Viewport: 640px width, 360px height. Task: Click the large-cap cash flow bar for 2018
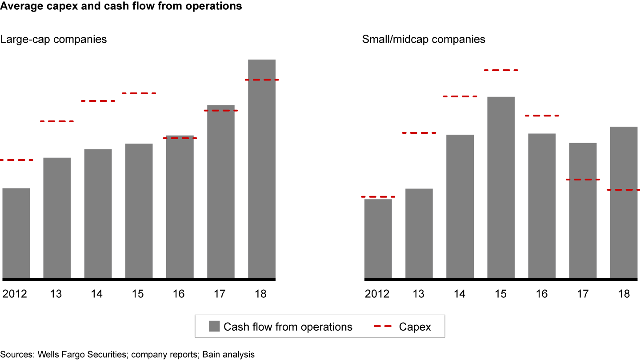pyautogui.click(x=262, y=169)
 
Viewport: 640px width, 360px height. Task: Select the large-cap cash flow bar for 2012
pyautogui.click(x=16, y=233)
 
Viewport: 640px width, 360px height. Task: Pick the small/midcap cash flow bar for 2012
pyautogui.click(x=378, y=239)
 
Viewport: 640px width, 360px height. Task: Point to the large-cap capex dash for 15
pyautogui.click(x=139, y=93)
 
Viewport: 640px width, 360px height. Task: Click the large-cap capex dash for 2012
pyautogui.click(x=16, y=160)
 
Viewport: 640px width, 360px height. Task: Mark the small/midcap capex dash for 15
pyautogui.click(x=501, y=70)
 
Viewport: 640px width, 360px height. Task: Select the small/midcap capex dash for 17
pyautogui.click(x=583, y=180)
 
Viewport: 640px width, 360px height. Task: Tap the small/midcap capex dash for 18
pyautogui.click(x=624, y=190)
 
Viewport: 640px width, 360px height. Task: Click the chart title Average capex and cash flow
pyautogui.click(x=121, y=6)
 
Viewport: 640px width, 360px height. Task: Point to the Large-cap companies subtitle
pyautogui.click(x=53, y=39)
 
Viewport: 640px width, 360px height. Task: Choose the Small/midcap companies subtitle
pyautogui.click(x=424, y=39)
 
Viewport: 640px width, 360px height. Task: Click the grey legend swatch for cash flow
pyautogui.click(x=214, y=327)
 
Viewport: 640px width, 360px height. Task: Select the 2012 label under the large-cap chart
pyautogui.click(x=15, y=294)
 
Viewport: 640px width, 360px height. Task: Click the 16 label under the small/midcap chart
pyautogui.click(x=542, y=294)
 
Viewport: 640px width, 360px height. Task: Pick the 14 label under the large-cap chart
pyautogui.click(x=97, y=294)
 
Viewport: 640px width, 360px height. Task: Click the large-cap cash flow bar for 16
pyautogui.click(x=180, y=207)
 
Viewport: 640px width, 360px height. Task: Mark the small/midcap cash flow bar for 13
pyautogui.click(x=419, y=234)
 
